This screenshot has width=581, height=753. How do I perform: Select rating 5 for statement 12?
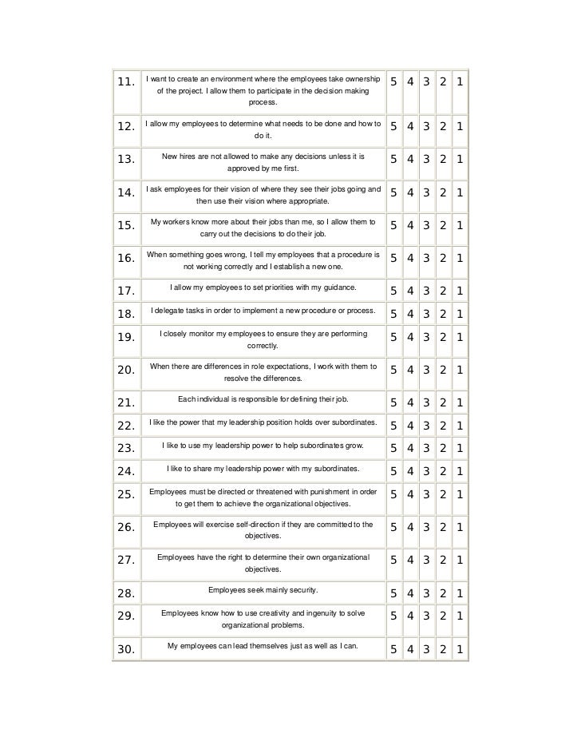(x=393, y=128)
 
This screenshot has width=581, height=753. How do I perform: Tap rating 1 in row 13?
(x=460, y=159)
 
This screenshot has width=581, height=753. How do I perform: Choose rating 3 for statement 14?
(x=427, y=192)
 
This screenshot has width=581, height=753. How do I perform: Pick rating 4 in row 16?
(x=410, y=258)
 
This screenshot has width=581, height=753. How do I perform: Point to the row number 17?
(x=124, y=291)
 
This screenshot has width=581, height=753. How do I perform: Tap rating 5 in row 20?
(x=393, y=370)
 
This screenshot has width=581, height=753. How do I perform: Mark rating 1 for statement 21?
(x=460, y=402)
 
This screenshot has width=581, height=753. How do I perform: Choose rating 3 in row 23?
(x=427, y=448)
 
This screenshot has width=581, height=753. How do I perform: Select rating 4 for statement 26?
(x=410, y=527)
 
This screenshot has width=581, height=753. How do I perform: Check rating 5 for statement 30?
(x=393, y=649)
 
